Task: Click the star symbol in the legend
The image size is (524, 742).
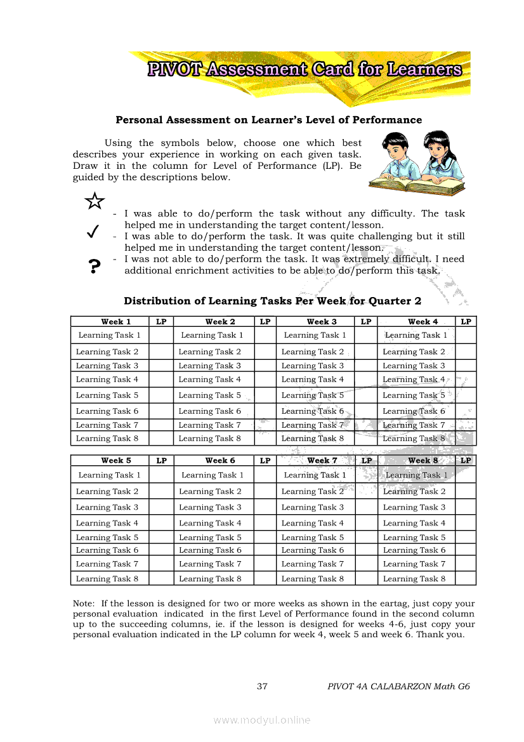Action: (95, 201)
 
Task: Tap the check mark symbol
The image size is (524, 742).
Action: (92, 232)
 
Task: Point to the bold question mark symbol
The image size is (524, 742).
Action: (94, 266)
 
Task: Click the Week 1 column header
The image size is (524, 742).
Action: (115, 322)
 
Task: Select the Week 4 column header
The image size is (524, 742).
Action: (422, 322)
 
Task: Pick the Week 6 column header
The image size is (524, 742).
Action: (219, 461)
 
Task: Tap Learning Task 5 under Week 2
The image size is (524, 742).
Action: (209, 395)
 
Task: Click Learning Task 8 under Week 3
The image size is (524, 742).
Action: (312, 439)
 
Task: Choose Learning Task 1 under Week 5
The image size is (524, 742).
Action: (109, 475)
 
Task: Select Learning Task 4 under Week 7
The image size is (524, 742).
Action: (312, 524)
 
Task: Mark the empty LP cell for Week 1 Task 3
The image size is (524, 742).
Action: (161, 366)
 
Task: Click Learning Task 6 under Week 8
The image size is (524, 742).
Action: (414, 550)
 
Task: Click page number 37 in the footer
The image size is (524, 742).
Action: (263, 686)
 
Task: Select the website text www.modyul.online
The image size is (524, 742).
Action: (262, 720)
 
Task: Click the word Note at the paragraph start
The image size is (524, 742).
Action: (83, 604)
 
